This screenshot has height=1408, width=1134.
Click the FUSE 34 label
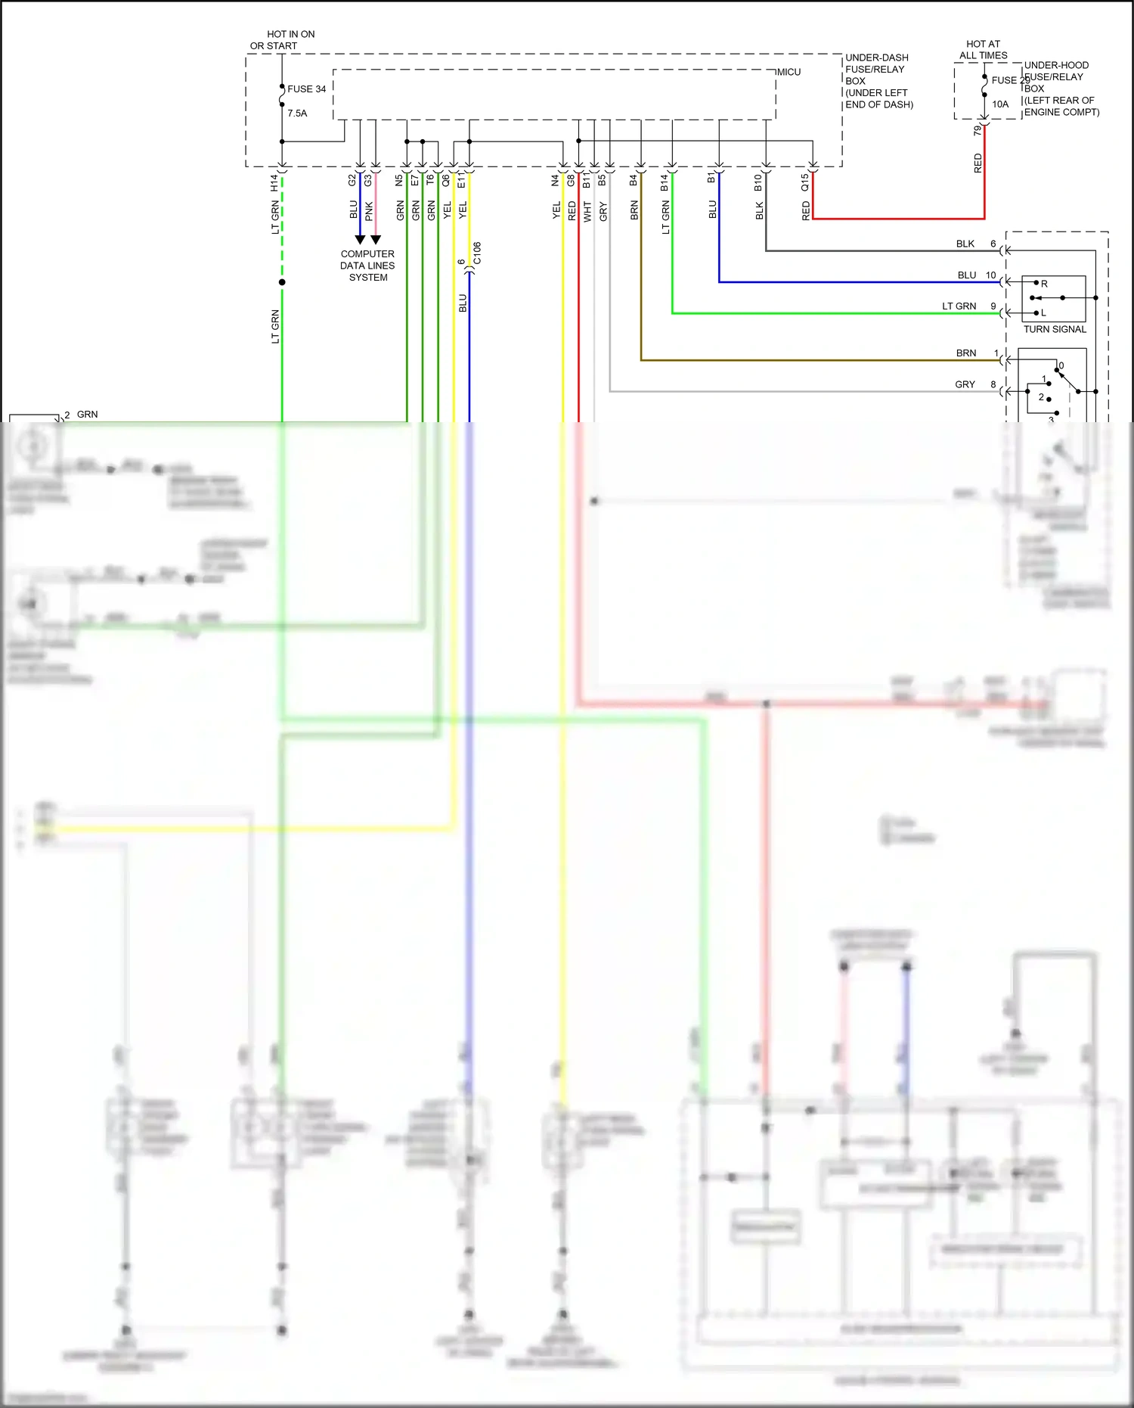pyautogui.click(x=306, y=89)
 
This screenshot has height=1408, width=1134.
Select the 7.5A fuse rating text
pyautogui.click(x=297, y=113)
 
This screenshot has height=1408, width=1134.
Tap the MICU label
pyautogui.click(x=789, y=72)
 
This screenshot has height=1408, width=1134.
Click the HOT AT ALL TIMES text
pyautogui.click(x=983, y=50)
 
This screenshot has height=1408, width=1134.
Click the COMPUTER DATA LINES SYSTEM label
pyautogui.click(x=367, y=266)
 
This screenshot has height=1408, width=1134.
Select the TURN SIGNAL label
pyautogui.click(x=1055, y=329)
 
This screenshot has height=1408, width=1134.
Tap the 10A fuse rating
pyautogui.click(x=1000, y=104)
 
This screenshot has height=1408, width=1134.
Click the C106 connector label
pyautogui.click(x=477, y=253)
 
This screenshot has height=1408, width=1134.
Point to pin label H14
pyautogui.click(x=274, y=182)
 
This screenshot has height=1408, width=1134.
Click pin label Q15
pyautogui.click(x=805, y=182)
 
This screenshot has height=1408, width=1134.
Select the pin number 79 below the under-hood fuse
pyautogui.click(x=978, y=130)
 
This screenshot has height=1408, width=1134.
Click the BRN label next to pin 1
pyautogui.click(x=965, y=353)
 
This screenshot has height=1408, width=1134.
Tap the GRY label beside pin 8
pyautogui.click(x=965, y=384)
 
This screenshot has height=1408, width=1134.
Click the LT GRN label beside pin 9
pyautogui.click(x=959, y=306)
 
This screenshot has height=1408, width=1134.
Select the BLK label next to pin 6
pyautogui.click(x=965, y=244)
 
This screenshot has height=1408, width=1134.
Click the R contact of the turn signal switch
pyautogui.click(x=1044, y=284)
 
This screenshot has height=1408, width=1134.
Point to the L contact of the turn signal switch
pyautogui.click(x=1043, y=312)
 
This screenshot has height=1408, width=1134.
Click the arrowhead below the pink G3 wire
pyautogui.click(x=376, y=239)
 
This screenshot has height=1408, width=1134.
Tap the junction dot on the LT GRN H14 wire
pyautogui.click(x=282, y=282)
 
